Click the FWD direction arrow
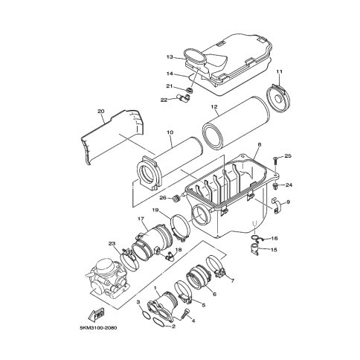tap(97, 315)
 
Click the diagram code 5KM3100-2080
tap(98, 328)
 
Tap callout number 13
tap(170, 57)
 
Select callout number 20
tap(101, 112)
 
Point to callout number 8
tap(260, 144)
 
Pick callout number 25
tap(288, 156)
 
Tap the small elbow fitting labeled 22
tap(184, 97)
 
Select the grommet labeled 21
tap(190, 90)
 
